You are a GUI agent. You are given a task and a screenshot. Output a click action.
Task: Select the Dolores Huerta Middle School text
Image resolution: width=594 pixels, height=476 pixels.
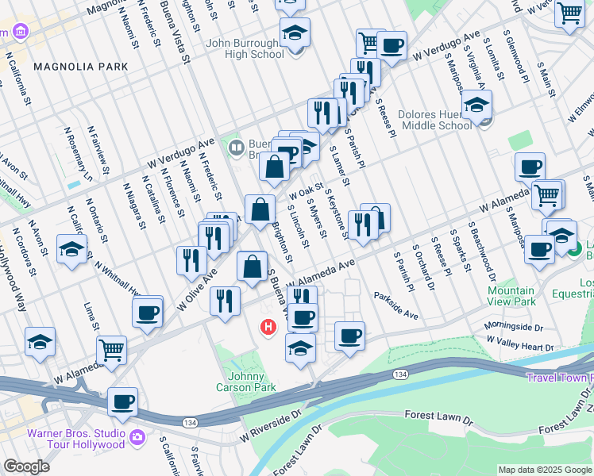pos(437,120)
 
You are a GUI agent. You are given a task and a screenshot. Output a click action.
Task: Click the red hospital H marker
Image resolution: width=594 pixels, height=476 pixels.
pos(268,326)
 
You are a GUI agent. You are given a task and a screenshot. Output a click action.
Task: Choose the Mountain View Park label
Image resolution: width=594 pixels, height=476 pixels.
pos(511,296)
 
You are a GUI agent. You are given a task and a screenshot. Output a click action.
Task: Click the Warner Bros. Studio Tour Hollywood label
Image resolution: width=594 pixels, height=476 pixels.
pos(76,439)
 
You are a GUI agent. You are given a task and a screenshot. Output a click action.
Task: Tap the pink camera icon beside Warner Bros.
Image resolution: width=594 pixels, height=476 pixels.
pos(137,437)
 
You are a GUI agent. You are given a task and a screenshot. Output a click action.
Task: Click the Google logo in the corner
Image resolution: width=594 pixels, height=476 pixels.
pos(26,466)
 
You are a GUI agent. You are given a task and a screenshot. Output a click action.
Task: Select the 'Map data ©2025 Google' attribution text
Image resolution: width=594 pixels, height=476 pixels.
pos(544,470)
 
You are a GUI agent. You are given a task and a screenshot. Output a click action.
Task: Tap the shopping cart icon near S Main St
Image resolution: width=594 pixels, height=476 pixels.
pos(569,13)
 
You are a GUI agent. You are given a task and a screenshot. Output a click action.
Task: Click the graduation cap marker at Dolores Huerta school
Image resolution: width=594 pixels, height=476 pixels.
pos(476,105)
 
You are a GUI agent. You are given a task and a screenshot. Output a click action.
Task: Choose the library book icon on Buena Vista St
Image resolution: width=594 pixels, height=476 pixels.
pos(236,147)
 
